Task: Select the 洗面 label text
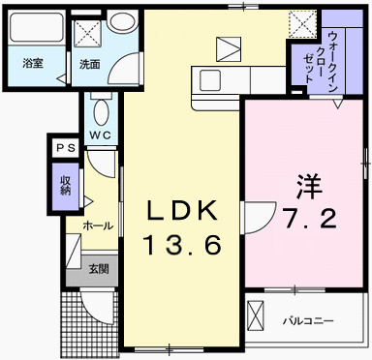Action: (90, 64)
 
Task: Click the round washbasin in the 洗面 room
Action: (122, 24)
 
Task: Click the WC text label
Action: (101, 134)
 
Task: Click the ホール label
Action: (97, 225)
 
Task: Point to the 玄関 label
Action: (99, 269)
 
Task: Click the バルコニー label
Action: (307, 319)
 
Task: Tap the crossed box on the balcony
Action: (257, 316)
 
